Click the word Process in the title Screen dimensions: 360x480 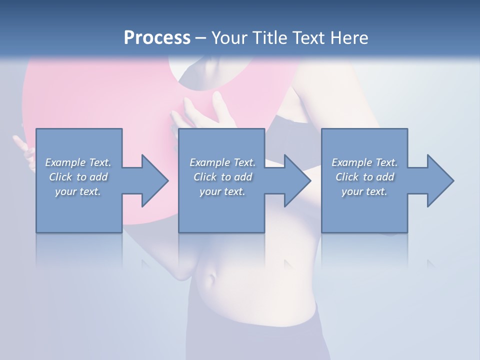pos(157,38)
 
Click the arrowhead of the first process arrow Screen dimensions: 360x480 pos(154,180)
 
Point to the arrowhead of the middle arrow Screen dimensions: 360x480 pos(297,180)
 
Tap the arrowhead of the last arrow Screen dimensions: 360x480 pos(440,180)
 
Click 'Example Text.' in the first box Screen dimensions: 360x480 pos(78,162)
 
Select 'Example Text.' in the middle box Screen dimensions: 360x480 pos(222,162)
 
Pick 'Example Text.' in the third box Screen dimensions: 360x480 pos(364,162)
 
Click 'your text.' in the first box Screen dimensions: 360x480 pos(78,191)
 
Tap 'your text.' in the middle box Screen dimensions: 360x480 pos(222,191)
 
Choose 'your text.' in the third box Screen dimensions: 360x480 pos(364,191)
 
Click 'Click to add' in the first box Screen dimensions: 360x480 pos(78,177)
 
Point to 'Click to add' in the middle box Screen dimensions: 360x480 pos(222,177)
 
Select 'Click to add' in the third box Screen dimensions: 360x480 pos(364,177)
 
